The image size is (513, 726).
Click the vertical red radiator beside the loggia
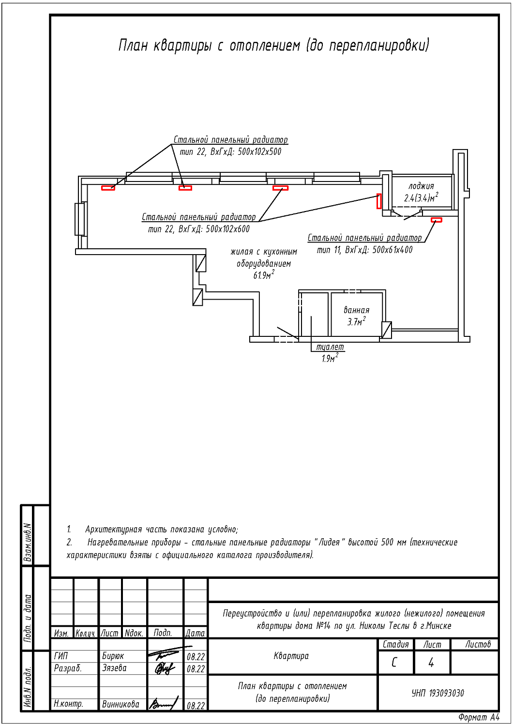[x=379, y=201]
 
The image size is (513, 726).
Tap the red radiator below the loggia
[x=436, y=220]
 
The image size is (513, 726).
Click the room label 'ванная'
[x=357, y=310]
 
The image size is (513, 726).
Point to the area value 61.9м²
[x=264, y=275]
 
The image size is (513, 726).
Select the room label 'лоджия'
[x=421, y=186]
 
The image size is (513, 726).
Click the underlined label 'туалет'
[x=330, y=347]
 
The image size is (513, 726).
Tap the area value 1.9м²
[x=330, y=358]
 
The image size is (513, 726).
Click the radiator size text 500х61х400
[x=392, y=250]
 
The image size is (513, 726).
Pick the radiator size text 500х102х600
[x=228, y=229]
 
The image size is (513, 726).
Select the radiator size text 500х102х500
[x=259, y=151]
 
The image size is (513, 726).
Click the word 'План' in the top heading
[x=133, y=45]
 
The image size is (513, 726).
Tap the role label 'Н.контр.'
[x=69, y=704]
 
